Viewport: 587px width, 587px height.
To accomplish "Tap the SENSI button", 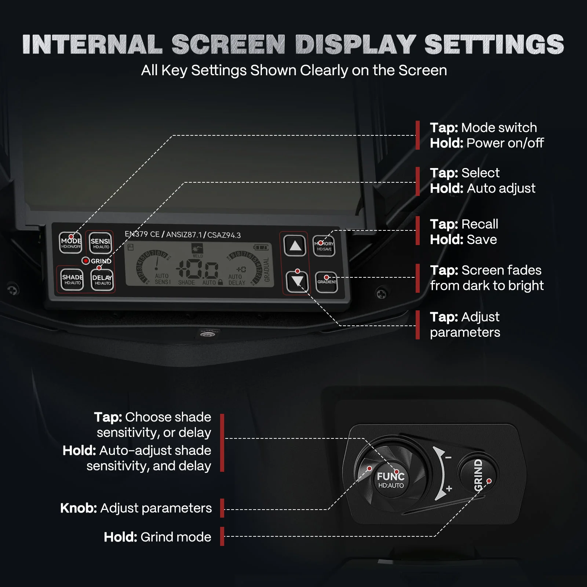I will pyautogui.click(x=100, y=243).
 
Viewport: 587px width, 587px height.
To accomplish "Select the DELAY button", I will pyautogui.click(x=102, y=280).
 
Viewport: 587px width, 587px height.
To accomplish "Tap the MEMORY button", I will pyautogui.click(x=324, y=246).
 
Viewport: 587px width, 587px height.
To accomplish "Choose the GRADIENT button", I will pyautogui.click(x=327, y=282).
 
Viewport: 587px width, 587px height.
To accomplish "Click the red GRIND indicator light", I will pyautogui.click(x=85, y=261).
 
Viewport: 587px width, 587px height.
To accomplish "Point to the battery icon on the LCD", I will pyautogui.click(x=261, y=248).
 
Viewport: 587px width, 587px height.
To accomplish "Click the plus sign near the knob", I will pyautogui.click(x=449, y=489).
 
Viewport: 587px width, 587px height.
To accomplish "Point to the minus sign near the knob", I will pyautogui.click(x=448, y=457).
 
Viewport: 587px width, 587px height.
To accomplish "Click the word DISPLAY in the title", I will pyautogui.click(x=355, y=45).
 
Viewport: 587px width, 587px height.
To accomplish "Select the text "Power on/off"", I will pyautogui.click(x=505, y=143).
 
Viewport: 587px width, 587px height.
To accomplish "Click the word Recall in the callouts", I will pyautogui.click(x=480, y=224).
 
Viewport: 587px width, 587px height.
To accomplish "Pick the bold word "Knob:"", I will pyautogui.click(x=79, y=508).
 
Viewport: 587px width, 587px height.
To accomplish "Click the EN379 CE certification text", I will pyautogui.click(x=142, y=234).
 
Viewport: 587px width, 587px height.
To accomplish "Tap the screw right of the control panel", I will pyautogui.click(x=382, y=293).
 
